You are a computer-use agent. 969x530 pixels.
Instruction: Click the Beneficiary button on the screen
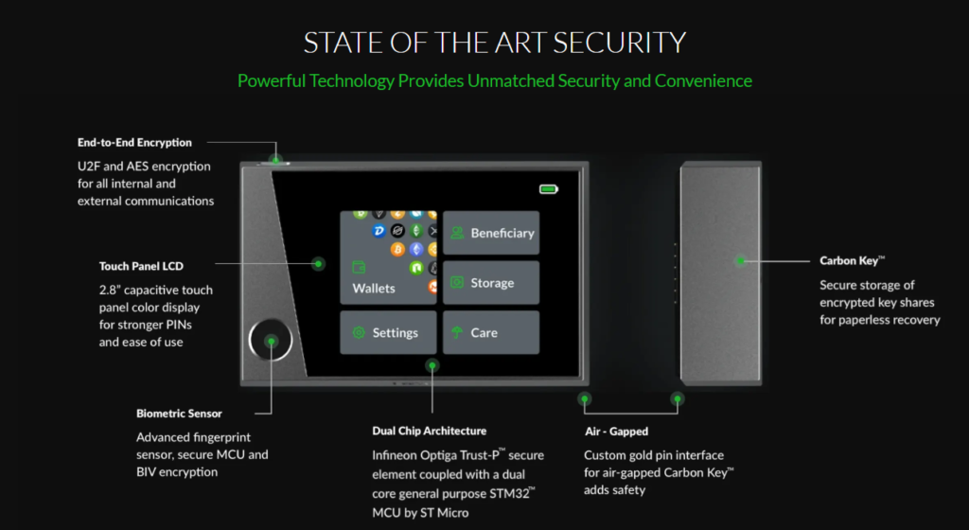click(491, 233)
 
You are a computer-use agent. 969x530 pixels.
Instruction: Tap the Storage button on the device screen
click(491, 283)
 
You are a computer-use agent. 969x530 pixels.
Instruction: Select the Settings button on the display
click(388, 332)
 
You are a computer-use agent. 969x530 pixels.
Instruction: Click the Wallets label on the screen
click(374, 288)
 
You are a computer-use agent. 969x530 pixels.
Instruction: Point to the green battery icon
click(549, 189)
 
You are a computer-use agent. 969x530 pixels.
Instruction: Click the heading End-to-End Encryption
click(134, 143)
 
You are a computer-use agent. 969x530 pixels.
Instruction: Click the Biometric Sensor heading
click(179, 413)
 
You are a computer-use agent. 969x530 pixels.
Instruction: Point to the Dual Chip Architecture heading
click(430, 431)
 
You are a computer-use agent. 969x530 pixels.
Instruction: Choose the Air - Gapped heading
click(616, 431)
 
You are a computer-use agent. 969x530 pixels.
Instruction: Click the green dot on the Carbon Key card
click(741, 259)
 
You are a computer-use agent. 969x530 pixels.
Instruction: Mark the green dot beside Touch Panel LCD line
click(319, 264)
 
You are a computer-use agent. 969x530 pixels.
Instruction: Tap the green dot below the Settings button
click(432, 364)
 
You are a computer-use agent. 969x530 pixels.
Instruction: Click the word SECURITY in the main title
click(620, 43)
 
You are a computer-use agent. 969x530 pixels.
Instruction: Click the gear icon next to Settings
click(359, 332)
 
